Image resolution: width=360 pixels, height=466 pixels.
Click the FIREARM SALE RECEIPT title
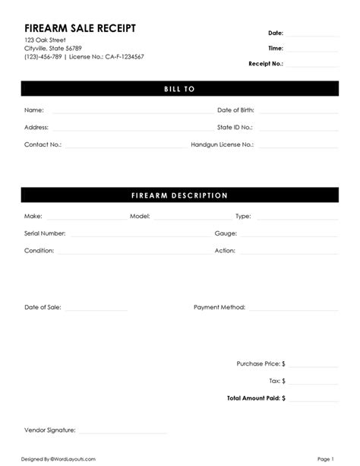[x=80, y=27]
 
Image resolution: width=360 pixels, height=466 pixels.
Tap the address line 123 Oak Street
[x=45, y=40]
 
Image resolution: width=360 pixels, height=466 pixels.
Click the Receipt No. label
[x=265, y=64]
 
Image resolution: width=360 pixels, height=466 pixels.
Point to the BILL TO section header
[x=180, y=89]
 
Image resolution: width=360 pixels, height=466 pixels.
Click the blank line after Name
[x=129, y=111]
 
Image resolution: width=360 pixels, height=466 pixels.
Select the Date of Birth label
[x=235, y=110]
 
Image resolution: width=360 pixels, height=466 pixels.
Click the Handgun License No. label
[x=222, y=144]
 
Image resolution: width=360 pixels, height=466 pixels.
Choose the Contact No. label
[x=43, y=144]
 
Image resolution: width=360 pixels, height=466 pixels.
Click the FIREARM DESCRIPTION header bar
[x=180, y=195]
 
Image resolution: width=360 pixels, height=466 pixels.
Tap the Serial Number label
[x=45, y=233]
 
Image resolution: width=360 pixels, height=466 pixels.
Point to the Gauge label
[x=226, y=233]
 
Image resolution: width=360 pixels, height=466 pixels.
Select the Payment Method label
[x=219, y=308]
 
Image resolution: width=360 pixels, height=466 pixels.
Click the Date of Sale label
[x=43, y=308]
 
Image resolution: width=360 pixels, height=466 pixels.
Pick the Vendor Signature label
[x=49, y=430]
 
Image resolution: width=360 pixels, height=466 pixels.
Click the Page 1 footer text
[x=326, y=459]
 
